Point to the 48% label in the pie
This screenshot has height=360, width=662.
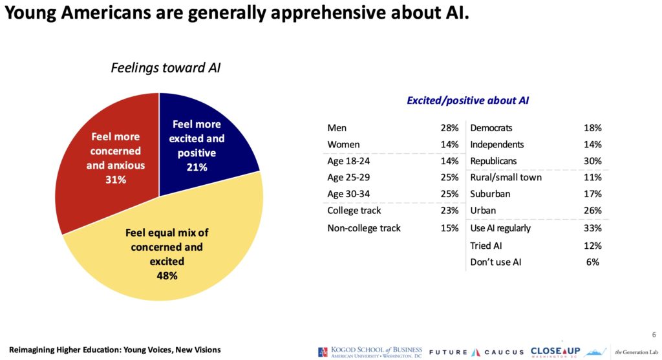[168, 276]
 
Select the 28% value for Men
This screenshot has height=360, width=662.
[449, 128]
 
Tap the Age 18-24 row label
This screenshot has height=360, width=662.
[348, 161]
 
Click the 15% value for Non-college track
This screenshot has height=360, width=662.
[449, 228]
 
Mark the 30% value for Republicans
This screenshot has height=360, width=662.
[592, 161]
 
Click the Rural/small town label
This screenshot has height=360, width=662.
[506, 178]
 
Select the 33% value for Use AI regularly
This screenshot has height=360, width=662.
[592, 228]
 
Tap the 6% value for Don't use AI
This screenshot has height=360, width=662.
[593, 262]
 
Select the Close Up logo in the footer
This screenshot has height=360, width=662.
[555, 352]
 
